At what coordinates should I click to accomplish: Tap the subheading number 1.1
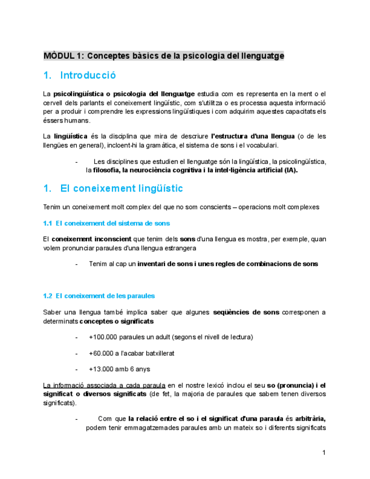click(x=47, y=223)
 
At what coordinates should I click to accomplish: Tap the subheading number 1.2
click(x=47, y=295)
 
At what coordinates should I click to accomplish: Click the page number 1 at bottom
click(x=324, y=452)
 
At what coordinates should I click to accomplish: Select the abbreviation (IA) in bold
click(x=290, y=170)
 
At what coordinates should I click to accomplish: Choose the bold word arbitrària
click(x=310, y=419)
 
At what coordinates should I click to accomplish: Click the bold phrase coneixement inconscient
click(x=92, y=239)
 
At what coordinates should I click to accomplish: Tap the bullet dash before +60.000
click(x=76, y=353)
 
